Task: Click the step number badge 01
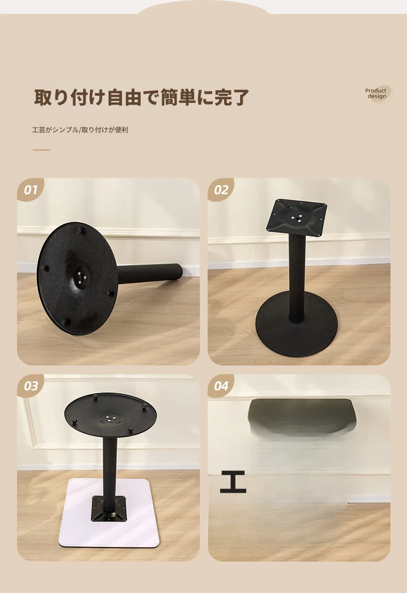(30, 189)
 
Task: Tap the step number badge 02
(221, 189)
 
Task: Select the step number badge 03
(30, 386)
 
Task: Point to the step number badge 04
(221, 386)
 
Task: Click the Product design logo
(377, 94)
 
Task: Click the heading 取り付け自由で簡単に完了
(141, 97)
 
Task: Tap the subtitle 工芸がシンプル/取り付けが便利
(80, 130)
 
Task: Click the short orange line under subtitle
(41, 150)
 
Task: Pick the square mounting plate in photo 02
(297, 216)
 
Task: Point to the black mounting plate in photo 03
(110, 508)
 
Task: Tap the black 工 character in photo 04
(233, 482)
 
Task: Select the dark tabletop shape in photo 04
(302, 415)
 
